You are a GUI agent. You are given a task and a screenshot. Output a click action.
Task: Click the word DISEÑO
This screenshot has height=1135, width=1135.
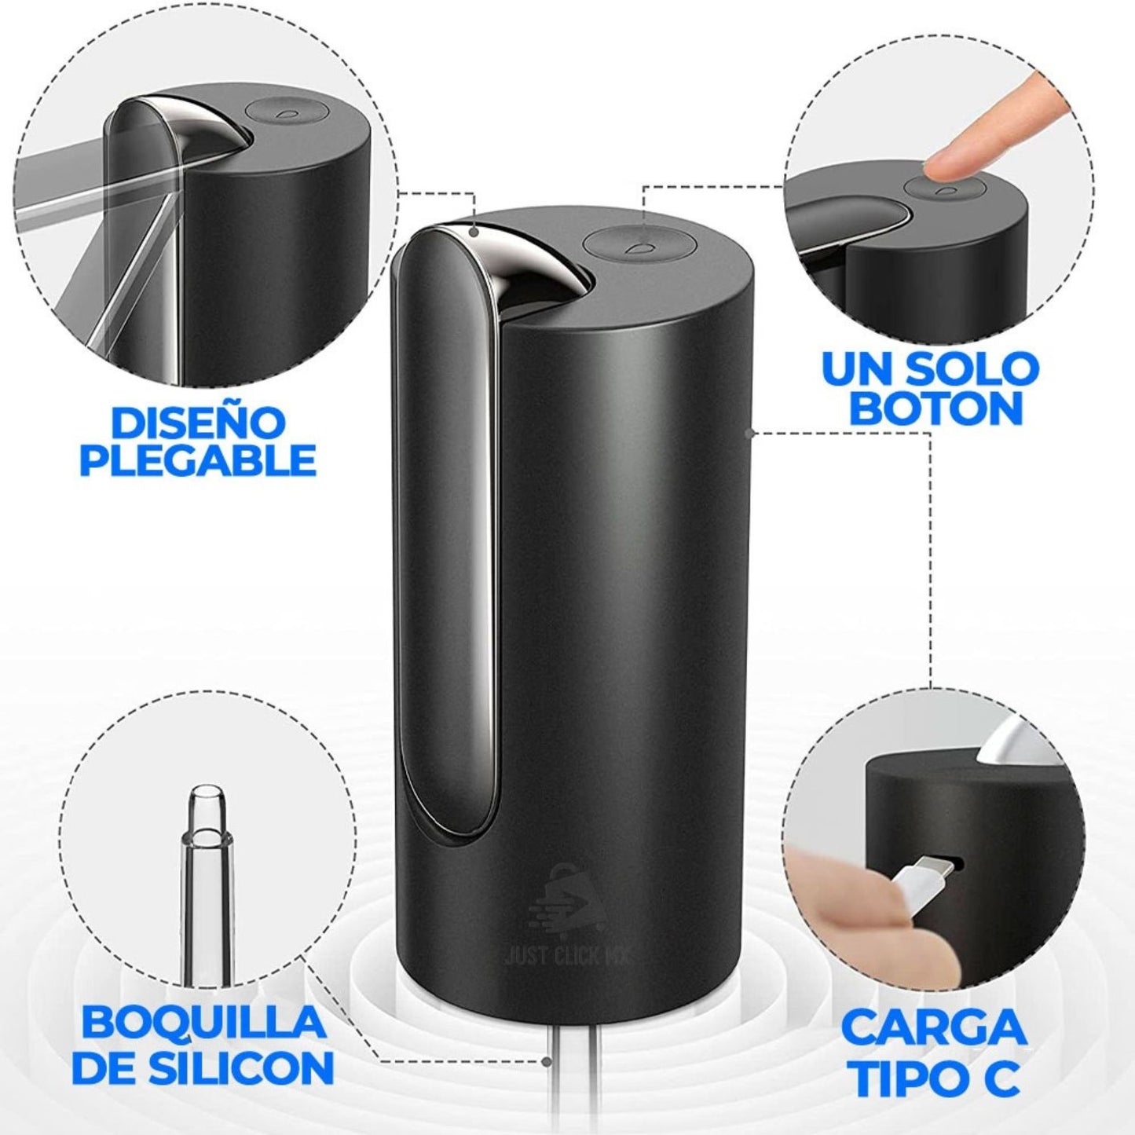pyautogui.click(x=198, y=423)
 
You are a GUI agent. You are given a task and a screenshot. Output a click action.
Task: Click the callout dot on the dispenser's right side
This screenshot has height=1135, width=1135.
pyautogui.click(x=749, y=433)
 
